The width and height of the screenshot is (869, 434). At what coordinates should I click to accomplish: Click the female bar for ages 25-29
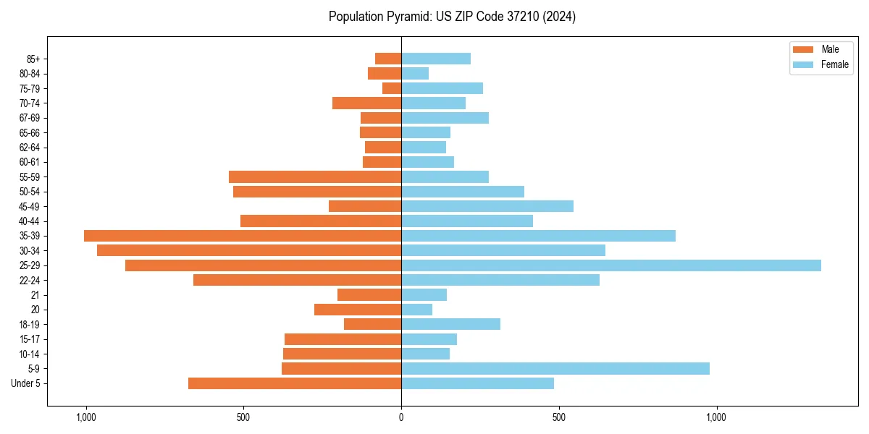pos(610,265)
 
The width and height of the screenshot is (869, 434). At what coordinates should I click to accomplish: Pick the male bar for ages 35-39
pos(243,236)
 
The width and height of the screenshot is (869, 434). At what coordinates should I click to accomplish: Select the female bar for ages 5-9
pos(555,369)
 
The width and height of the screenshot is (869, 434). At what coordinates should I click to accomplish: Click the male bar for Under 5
pos(295,383)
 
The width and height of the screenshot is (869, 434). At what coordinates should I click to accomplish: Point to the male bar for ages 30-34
pos(249,250)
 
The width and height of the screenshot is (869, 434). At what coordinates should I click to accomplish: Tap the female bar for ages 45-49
pos(487,206)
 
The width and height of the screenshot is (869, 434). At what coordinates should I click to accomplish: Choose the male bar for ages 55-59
pos(315,176)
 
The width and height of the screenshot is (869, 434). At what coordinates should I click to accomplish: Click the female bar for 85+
pos(436,59)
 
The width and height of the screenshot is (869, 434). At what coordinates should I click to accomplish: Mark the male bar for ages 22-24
pos(297,280)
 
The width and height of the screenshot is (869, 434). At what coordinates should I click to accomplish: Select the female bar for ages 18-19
pos(450,324)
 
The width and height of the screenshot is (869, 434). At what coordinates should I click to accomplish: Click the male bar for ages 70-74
pos(366,103)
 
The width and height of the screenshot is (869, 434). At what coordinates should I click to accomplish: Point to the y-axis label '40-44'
pos(30,221)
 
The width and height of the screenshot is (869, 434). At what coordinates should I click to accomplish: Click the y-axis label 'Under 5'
pos(26,383)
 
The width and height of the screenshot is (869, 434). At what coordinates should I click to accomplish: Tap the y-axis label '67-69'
pos(30,118)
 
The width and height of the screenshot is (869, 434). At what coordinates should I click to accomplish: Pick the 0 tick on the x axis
pos(401,417)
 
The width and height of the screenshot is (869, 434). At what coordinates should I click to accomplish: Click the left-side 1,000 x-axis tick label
pos(85,417)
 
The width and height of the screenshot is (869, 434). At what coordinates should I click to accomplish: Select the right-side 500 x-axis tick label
pos(558,417)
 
